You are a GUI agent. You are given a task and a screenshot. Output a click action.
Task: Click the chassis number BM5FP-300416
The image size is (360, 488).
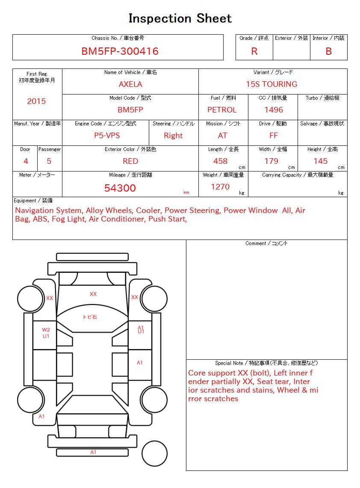120,51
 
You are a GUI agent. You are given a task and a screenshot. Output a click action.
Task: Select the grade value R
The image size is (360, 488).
254,51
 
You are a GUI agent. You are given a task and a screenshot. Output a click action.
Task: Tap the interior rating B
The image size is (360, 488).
328,51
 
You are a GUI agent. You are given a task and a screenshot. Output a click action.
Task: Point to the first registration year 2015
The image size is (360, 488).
36,101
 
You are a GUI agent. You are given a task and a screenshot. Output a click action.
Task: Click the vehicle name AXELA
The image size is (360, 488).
130,84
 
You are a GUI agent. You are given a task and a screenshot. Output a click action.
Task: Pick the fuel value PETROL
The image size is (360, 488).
222,110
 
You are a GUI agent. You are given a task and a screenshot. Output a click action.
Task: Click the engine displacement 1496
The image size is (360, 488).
274,110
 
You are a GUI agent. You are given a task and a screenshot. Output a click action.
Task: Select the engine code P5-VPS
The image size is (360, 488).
107,136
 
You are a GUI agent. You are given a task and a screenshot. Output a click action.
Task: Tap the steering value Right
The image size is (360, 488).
173,136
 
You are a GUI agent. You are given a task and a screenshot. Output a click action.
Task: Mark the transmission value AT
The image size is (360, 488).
222,136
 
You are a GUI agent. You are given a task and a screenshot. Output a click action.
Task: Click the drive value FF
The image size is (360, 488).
274,136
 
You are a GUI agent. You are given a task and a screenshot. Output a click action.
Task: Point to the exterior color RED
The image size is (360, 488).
130,161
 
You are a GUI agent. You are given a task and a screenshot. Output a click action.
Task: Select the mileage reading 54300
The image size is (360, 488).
120,188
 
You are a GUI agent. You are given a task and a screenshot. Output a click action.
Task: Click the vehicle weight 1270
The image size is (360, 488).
220,187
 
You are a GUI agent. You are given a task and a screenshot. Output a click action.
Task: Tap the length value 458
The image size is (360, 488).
220,161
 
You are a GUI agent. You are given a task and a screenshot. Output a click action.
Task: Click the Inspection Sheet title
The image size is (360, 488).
180,18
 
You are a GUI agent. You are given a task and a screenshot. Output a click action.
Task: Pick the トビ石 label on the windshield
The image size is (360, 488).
90,317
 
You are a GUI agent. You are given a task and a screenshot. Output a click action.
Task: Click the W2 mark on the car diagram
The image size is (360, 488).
46,330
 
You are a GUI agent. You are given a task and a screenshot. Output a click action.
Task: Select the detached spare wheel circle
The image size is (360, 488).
154,453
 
